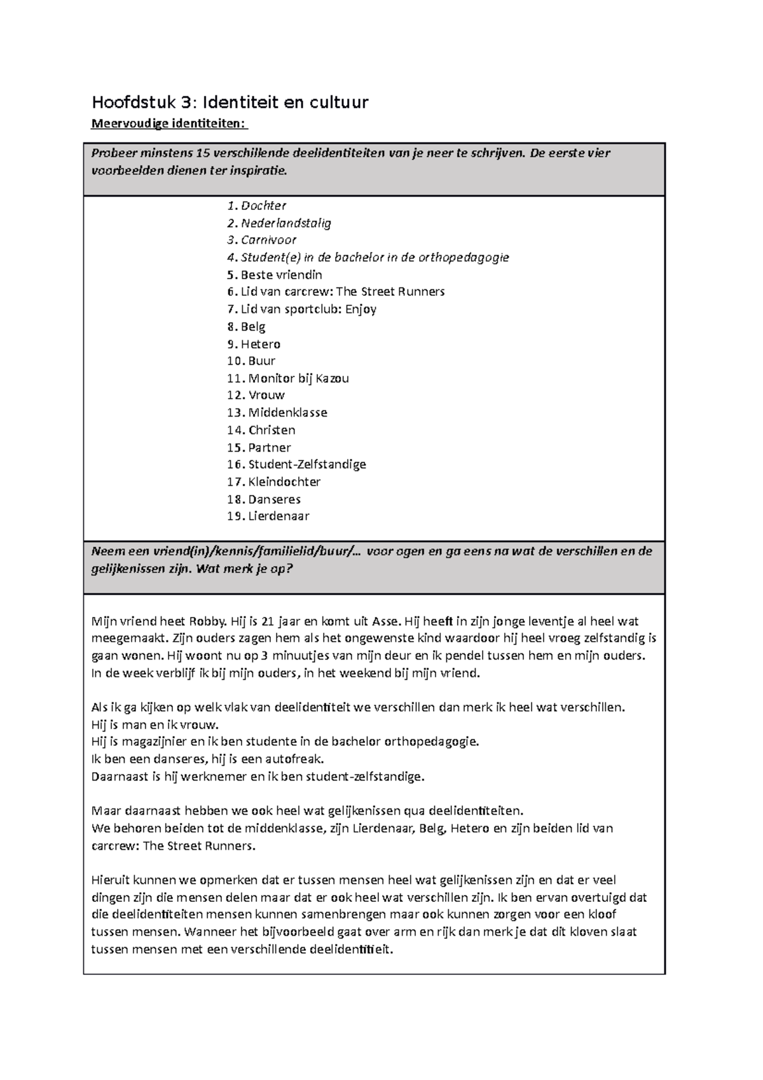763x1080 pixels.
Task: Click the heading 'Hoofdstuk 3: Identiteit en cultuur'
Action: [x=230, y=102]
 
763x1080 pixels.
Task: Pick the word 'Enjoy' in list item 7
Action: [x=361, y=309]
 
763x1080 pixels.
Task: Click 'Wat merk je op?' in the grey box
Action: [x=244, y=569]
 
